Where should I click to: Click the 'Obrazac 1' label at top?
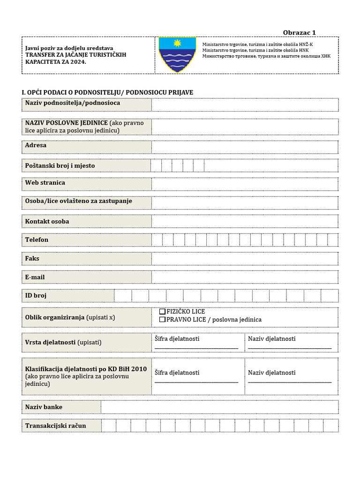click(300, 32)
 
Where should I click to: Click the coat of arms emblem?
click(177, 54)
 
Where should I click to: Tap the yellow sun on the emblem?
click(177, 43)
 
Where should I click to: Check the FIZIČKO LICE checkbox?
click(162, 311)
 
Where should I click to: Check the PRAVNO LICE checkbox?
click(162, 320)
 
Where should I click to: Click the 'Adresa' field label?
click(36, 145)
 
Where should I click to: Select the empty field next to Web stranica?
click(244, 184)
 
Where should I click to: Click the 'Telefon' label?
click(37, 240)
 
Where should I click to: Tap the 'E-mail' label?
click(35, 277)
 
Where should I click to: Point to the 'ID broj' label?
click(36, 296)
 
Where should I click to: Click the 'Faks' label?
click(32, 258)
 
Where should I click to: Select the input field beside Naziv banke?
click(219, 407)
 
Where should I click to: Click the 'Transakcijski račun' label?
click(56, 426)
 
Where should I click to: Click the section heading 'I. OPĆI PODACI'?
click(107, 92)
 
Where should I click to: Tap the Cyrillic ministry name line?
click(266, 56)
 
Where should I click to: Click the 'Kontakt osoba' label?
click(47, 221)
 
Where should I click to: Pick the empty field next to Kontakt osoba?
click(244, 221)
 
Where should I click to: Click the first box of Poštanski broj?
click(156, 165)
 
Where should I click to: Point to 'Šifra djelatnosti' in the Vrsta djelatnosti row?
click(177, 338)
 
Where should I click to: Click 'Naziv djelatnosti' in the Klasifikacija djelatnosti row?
click(272, 373)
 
